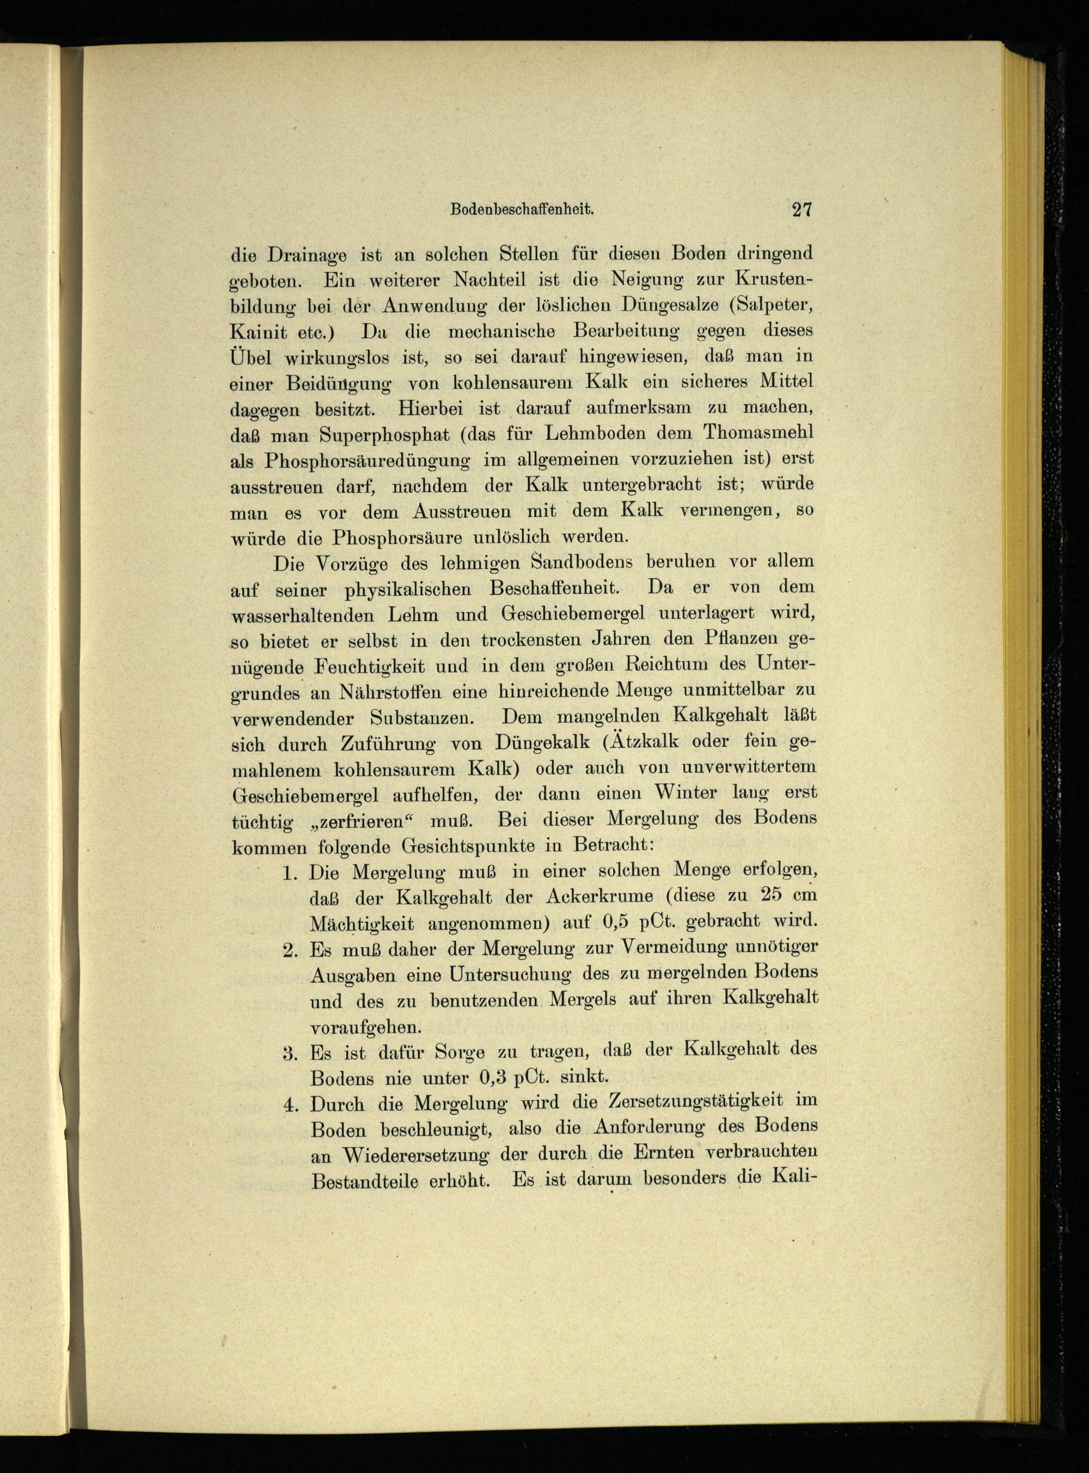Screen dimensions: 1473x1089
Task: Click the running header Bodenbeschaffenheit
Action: tap(523, 210)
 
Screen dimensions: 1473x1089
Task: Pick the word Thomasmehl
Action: tap(758, 433)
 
